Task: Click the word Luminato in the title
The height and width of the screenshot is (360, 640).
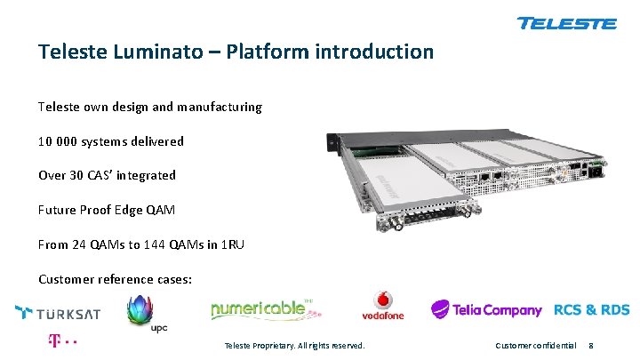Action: coord(173,52)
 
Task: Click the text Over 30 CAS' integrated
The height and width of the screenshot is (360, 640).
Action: coord(107,175)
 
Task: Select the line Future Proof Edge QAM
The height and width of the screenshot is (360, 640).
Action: coord(106,210)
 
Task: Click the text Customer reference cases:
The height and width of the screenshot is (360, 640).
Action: coord(115,279)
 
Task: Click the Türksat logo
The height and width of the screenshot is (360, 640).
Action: coord(58,313)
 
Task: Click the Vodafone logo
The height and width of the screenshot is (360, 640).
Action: coord(382,306)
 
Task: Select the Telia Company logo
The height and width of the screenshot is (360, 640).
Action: coord(486,310)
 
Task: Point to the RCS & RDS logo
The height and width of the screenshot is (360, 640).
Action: coord(591,310)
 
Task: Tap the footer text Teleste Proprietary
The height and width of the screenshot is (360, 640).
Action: coord(294,345)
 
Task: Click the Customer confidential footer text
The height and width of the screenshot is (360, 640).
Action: coord(535,345)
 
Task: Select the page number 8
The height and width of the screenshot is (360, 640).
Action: coord(591,345)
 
